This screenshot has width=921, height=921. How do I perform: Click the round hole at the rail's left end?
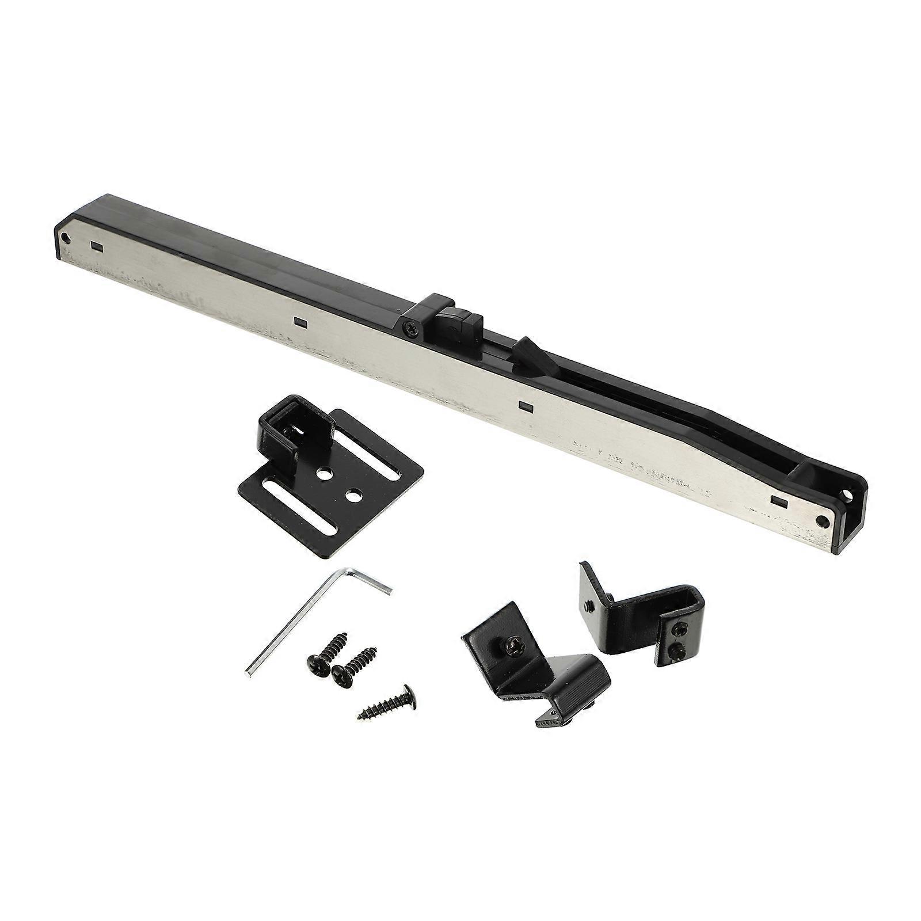tap(68, 236)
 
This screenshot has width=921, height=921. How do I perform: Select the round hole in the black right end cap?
tap(848, 495)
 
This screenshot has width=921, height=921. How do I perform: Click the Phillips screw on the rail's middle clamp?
tap(409, 329)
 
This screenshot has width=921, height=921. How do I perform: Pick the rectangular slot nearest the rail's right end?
tap(779, 500)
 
